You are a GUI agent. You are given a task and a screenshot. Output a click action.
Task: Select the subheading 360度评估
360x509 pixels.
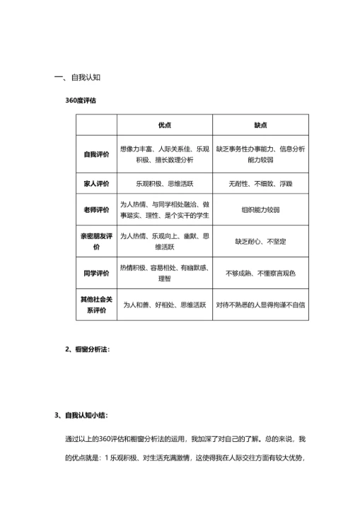point(81,100)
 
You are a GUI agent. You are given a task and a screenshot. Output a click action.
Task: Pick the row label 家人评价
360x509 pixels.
point(96,182)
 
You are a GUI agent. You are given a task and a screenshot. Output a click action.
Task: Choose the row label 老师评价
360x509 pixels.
point(96,209)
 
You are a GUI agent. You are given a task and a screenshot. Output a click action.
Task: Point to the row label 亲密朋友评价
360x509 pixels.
point(96,242)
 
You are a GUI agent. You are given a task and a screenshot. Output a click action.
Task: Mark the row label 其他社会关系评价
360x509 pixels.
point(96,305)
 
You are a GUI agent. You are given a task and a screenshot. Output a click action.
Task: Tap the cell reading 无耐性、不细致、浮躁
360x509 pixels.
point(261,182)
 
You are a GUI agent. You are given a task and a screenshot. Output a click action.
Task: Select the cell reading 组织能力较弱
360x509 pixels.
point(261,209)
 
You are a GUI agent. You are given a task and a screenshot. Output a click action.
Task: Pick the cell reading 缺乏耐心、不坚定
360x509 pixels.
point(261,242)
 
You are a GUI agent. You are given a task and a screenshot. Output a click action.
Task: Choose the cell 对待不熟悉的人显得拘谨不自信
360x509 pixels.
point(261,305)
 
